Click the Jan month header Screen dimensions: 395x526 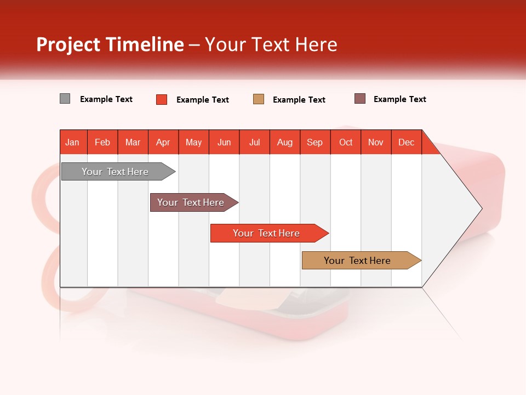tap(73, 142)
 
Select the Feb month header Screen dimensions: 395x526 tap(102, 142)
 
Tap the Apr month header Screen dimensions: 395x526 tap(163, 142)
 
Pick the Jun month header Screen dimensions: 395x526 tap(224, 142)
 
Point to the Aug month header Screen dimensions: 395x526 tap(285, 142)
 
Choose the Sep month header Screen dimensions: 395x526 tap(315, 142)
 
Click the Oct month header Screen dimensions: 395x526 tap(346, 142)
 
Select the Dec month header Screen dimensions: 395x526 tap(407, 142)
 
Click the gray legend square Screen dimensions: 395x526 tap(65, 99)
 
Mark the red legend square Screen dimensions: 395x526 tap(162, 99)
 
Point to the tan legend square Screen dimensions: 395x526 tap(259, 99)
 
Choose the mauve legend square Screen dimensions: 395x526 tap(360, 99)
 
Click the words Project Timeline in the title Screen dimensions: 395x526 tap(110, 44)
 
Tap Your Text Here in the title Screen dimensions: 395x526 tap(271, 44)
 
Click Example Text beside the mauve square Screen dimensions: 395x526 tap(400, 99)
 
